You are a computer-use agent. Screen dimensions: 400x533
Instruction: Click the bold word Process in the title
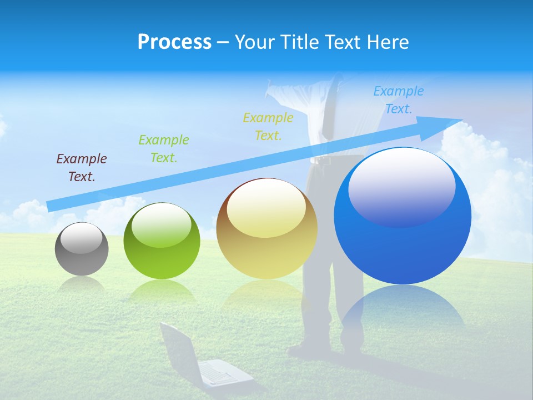[174, 42]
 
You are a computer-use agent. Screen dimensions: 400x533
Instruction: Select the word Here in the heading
[389, 42]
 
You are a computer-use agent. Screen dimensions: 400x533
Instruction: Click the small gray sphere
[82, 249]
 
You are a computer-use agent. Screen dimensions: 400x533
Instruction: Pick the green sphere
[162, 241]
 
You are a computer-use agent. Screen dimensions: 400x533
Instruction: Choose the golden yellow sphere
[266, 229]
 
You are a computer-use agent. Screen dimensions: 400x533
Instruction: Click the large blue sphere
[403, 217]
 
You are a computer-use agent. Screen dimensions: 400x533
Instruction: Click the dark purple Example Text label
[82, 168]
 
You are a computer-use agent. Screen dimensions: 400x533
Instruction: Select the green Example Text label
[164, 148]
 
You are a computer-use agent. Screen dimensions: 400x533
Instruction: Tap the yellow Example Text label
[268, 126]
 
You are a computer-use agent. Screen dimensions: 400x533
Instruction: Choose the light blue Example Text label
[398, 100]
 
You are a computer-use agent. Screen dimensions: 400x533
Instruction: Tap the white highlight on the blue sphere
[401, 186]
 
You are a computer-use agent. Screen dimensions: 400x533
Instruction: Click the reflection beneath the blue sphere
[403, 311]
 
